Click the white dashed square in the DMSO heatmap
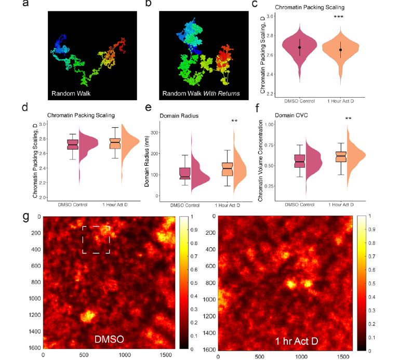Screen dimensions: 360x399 click(x=96, y=239)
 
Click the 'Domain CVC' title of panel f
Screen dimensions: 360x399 click(x=280, y=114)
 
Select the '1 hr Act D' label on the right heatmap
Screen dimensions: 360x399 click(x=298, y=341)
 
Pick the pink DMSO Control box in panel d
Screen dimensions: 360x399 click(x=73, y=144)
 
